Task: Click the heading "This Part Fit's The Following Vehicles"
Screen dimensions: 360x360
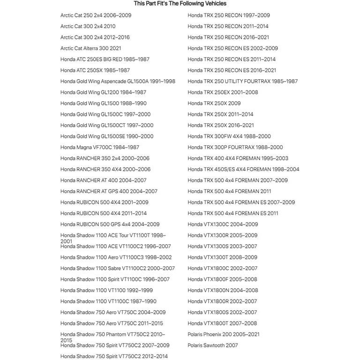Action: (x=180, y=4)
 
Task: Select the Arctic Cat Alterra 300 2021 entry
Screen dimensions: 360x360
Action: (x=91, y=48)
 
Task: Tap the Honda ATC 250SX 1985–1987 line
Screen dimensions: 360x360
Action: (x=95, y=70)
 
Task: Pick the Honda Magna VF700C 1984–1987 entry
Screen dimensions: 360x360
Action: (x=100, y=147)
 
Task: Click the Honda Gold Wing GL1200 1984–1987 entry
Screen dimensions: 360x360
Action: (x=103, y=92)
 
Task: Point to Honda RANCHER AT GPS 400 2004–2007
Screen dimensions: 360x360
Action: (x=109, y=191)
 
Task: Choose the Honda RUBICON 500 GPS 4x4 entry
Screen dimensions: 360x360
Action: (x=110, y=224)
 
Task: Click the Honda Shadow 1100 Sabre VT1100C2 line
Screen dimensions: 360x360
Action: (x=117, y=268)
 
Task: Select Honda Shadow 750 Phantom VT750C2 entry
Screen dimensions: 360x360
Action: (x=112, y=335)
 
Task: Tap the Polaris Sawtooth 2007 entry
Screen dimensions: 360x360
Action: (x=213, y=345)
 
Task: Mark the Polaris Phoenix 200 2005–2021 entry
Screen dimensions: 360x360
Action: (x=224, y=334)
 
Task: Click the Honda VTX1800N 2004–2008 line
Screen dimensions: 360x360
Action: (x=223, y=290)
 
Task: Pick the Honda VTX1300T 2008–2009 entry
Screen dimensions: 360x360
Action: (x=223, y=257)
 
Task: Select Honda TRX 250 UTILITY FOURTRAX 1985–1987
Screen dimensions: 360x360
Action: (x=243, y=81)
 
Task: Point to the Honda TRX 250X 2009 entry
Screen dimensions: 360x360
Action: (x=214, y=103)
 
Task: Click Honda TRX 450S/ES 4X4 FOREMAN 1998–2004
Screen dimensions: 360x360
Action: (x=243, y=169)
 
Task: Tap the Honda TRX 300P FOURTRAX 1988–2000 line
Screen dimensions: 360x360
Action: (x=235, y=147)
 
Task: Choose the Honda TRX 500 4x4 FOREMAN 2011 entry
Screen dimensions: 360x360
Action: (x=229, y=191)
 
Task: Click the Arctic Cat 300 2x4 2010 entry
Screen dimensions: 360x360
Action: (x=88, y=26)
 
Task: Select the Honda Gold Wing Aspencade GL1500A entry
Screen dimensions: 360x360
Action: (x=118, y=81)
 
